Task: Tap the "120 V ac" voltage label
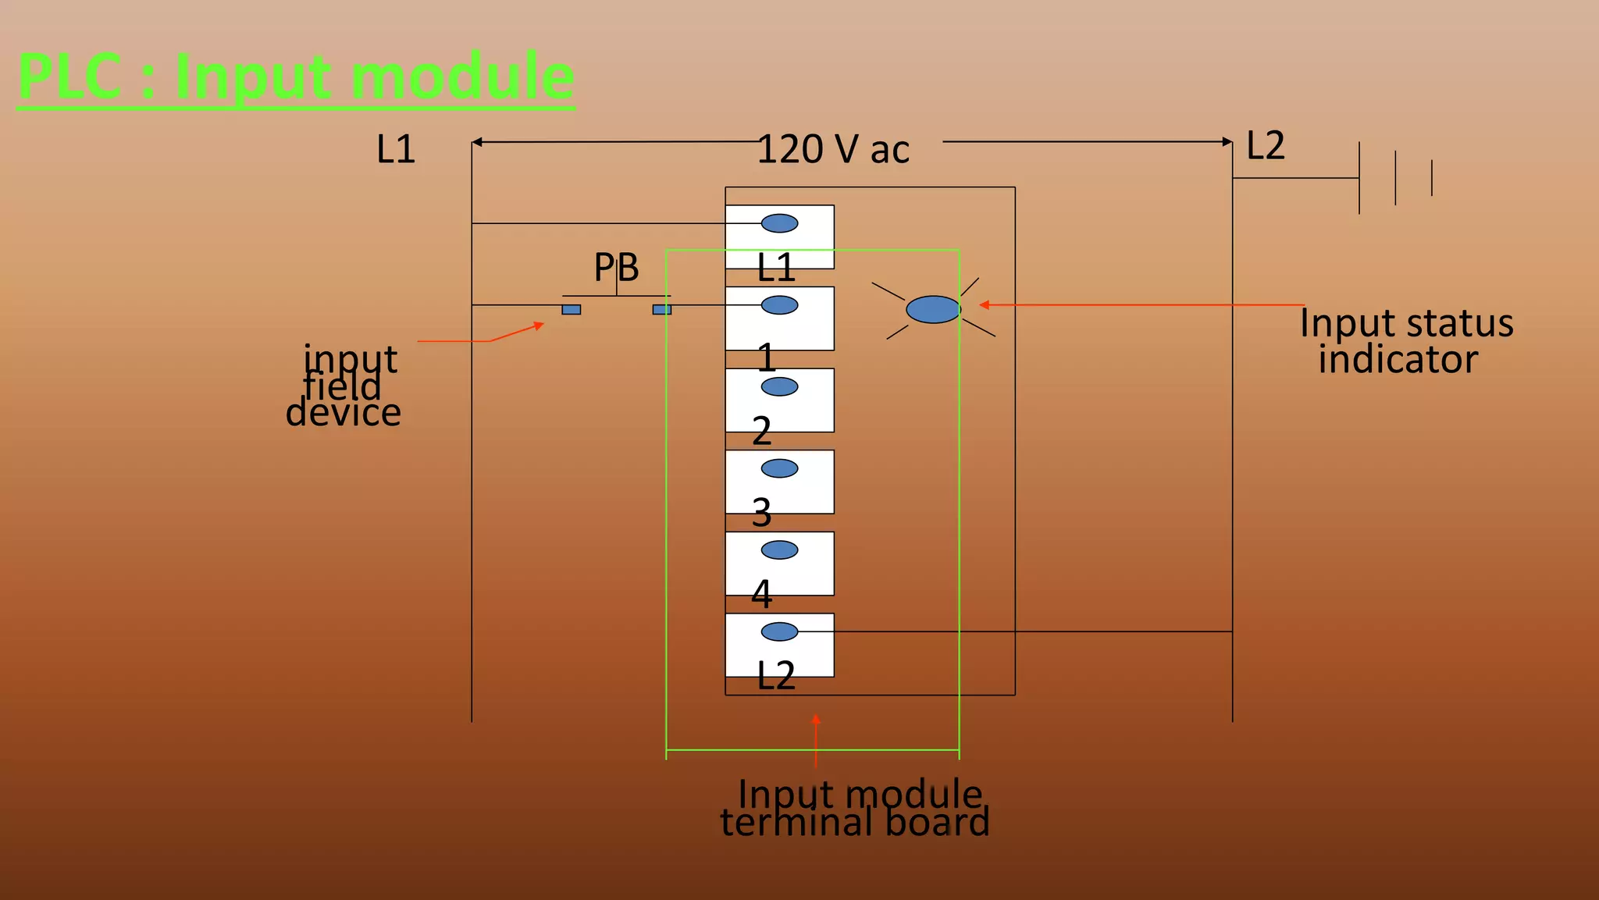(833, 150)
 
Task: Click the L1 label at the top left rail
(395, 149)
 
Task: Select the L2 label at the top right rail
(1265, 146)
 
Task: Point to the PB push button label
(616, 268)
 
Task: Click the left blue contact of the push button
(571, 310)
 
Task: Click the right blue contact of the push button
(661, 310)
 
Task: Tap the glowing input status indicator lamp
(933, 309)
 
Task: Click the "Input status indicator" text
(1405, 341)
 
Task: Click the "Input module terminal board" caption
(855, 809)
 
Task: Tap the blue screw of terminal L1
(779, 223)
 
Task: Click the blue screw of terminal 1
(779, 305)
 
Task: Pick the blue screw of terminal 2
(779, 386)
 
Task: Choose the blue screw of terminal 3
(779, 468)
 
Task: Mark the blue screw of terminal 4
(779, 550)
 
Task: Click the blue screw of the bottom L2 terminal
(779, 631)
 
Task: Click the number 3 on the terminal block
(761, 513)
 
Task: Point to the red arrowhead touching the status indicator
(985, 305)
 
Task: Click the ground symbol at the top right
(1394, 178)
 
